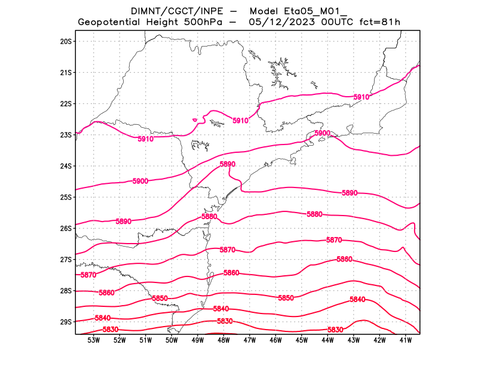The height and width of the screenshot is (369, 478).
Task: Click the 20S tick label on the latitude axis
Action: click(x=66, y=41)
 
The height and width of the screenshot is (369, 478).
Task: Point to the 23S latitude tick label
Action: click(x=66, y=135)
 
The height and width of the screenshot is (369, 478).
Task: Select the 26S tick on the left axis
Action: click(x=66, y=228)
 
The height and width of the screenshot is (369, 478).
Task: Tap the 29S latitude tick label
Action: click(x=66, y=322)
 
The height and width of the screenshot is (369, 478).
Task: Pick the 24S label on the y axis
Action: click(x=66, y=166)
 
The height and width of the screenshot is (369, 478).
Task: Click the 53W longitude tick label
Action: click(x=93, y=340)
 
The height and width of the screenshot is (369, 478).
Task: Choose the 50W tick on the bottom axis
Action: click(x=171, y=340)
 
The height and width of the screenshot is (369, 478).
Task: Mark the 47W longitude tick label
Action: click(x=250, y=340)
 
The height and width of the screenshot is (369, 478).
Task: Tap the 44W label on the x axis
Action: click(x=327, y=340)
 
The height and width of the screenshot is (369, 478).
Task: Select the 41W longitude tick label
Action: click(x=406, y=340)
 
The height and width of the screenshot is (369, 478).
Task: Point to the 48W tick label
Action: click(x=223, y=340)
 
